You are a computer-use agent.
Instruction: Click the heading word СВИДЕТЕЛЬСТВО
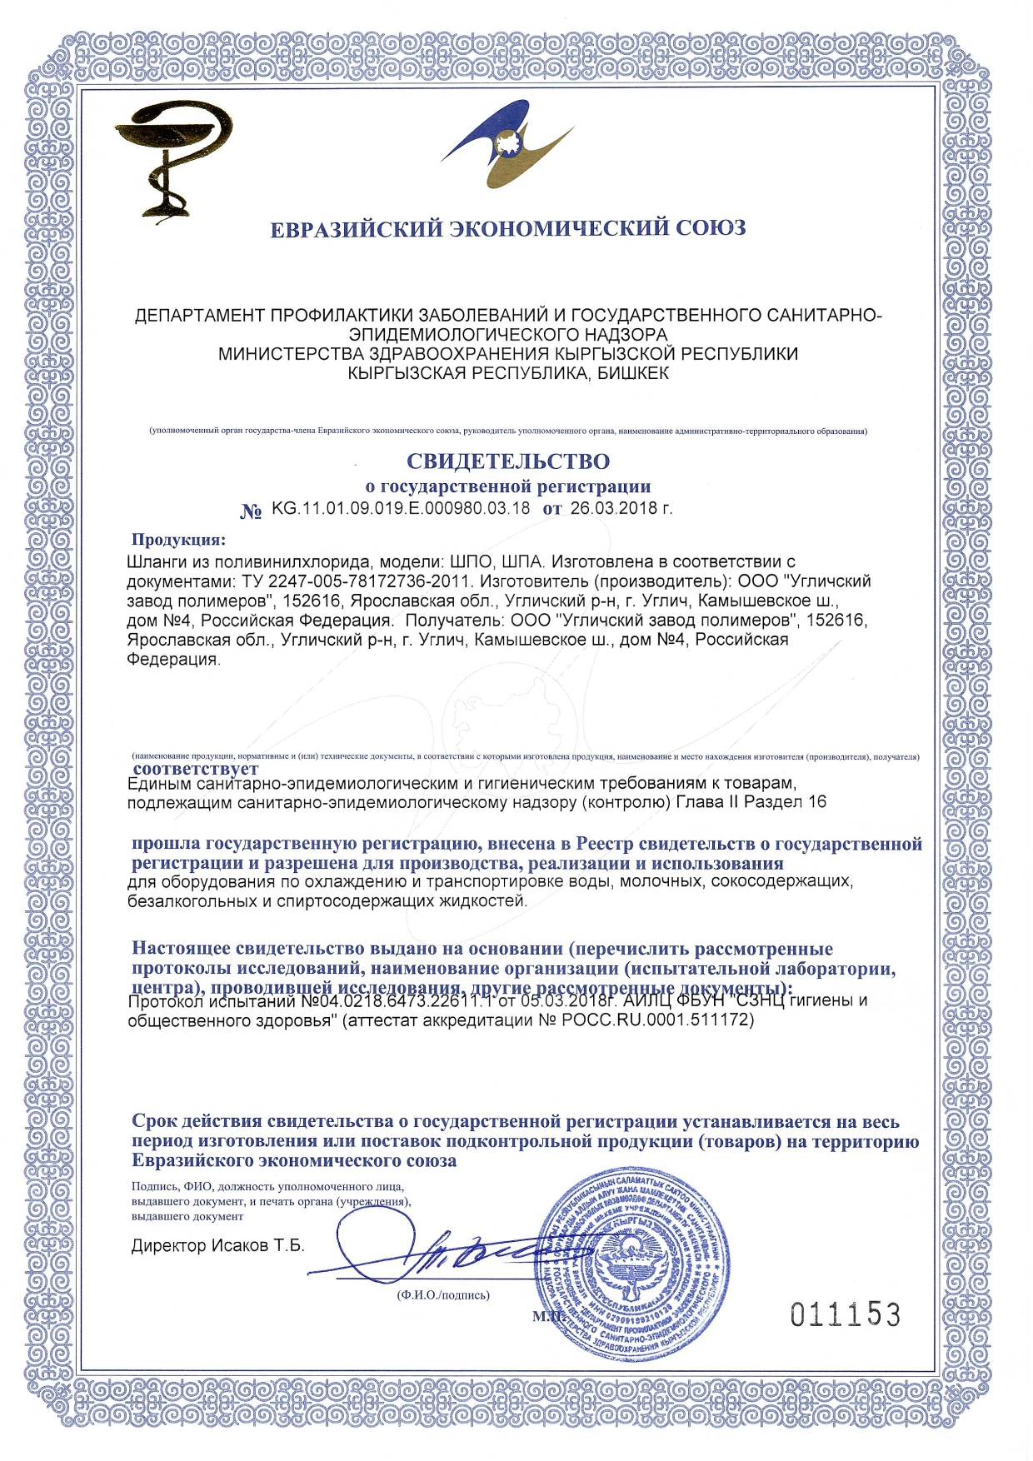coord(507,461)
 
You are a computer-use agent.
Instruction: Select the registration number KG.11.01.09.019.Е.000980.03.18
coord(401,509)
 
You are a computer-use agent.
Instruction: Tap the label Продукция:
coord(178,540)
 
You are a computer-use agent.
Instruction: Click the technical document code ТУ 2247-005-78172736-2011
coord(356,581)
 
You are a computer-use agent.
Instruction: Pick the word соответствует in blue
coord(196,769)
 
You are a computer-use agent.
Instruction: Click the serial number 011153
coord(845,1315)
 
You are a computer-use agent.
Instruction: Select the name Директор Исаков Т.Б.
coord(218,1246)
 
